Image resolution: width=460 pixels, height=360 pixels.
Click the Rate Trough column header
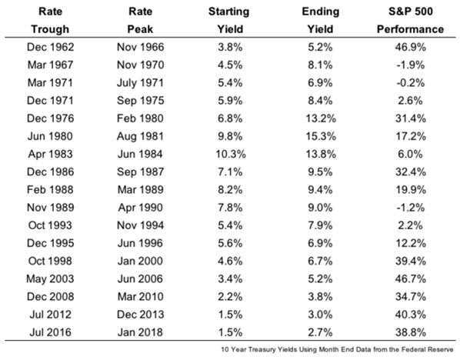point(50,20)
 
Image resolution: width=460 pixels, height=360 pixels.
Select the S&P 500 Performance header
point(410,20)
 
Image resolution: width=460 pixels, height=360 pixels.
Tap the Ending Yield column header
point(320,20)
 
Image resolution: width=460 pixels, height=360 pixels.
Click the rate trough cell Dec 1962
point(50,47)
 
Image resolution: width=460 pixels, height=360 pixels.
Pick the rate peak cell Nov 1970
point(140,65)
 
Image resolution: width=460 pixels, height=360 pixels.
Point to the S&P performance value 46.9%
point(410,47)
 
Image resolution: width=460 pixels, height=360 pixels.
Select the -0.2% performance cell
point(410,83)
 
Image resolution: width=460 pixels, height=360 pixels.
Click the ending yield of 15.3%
point(321,136)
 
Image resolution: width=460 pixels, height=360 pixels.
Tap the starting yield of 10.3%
point(231,154)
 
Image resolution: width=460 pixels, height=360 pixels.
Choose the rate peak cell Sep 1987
point(140,172)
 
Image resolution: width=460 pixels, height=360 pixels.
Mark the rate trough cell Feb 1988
point(50,190)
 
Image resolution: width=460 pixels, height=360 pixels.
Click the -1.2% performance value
point(410,208)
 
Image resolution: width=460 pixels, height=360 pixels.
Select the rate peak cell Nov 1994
point(140,225)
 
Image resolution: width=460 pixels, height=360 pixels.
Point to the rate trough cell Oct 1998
point(50,261)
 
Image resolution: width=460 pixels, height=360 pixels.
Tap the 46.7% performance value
point(410,278)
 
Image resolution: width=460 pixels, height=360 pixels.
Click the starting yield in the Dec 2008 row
point(230,297)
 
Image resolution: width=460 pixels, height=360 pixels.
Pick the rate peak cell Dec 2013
point(140,315)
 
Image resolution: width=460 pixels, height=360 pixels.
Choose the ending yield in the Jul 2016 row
point(320,332)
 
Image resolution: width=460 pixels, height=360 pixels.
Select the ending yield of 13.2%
point(321,118)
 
